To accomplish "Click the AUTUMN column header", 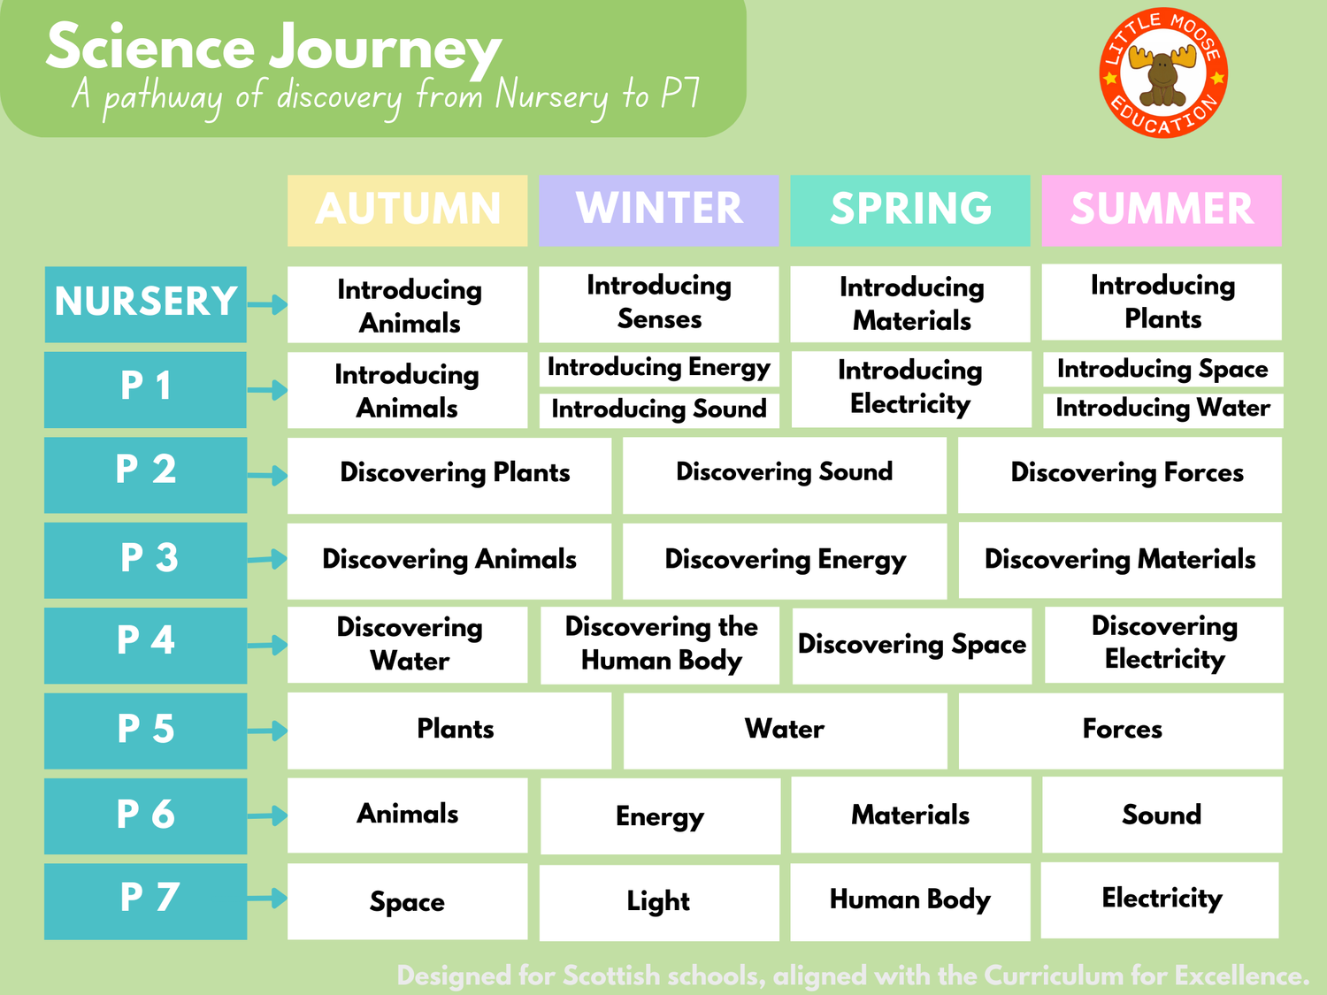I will [x=407, y=210].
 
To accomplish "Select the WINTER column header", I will [x=658, y=210].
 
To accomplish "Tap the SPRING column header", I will [x=909, y=210].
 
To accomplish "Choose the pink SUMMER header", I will [x=1162, y=210].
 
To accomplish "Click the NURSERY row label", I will [x=146, y=303].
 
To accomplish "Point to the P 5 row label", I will [x=146, y=730].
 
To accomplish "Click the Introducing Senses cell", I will [x=658, y=302].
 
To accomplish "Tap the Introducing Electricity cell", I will [x=910, y=387].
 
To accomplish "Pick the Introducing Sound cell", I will [x=658, y=409].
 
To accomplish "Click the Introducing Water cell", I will [x=1162, y=409].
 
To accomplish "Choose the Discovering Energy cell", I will [x=785, y=560].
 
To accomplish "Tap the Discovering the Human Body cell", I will [x=660, y=644].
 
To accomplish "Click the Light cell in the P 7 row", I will [x=658, y=901].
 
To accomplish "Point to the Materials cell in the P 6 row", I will [x=910, y=815].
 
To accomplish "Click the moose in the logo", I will [x=1162, y=73].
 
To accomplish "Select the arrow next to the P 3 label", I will [x=267, y=559].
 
